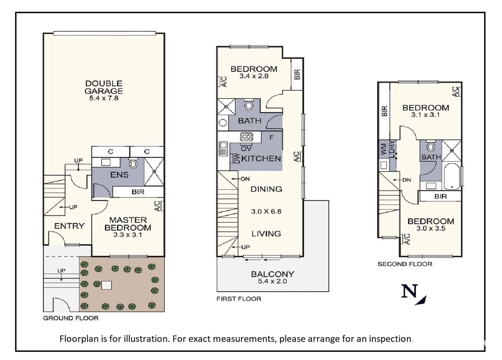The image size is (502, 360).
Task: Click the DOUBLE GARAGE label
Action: pyautogui.click(x=104, y=87)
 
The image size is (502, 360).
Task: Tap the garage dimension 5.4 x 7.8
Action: pyautogui.click(x=104, y=98)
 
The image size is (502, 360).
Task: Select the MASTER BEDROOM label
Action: pyautogui.click(x=128, y=224)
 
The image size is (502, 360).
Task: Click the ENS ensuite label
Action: pyautogui.click(x=119, y=175)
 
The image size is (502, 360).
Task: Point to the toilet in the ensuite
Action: pyautogui.click(x=133, y=163)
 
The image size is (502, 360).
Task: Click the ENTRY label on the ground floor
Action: pyautogui.click(x=69, y=226)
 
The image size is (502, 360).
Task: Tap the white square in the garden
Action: pyautogui.click(x=106, y=285)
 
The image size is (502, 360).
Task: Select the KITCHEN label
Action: pyautogui.click(x=261, y=159)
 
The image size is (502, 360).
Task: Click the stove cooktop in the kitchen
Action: pyautogui.click(x=246, y=137)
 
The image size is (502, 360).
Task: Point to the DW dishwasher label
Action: pyautogui.click(x=237, y=159)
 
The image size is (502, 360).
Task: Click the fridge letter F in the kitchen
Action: pyautogui.click(x=271, y=137)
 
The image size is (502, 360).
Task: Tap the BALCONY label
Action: pyautogui.click(x=272, y=274)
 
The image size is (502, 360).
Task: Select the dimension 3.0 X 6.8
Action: pyautogui.click(x=266, y=212)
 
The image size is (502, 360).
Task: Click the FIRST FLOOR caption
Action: pyautogui.click(x=239, y=299)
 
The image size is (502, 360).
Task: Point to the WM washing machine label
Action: pyautogui.click(x=384, y=149)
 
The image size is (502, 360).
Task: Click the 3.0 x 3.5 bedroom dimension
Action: pyautogui.click(x=431, y=228)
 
